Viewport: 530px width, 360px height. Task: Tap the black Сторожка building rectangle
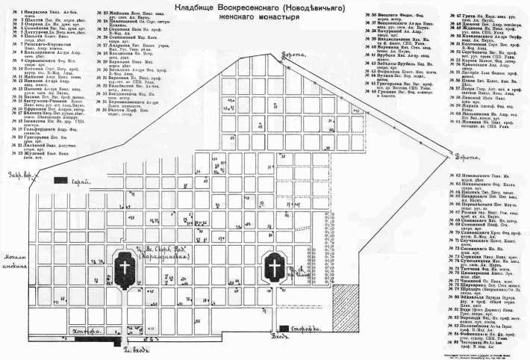tap(287, 329)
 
